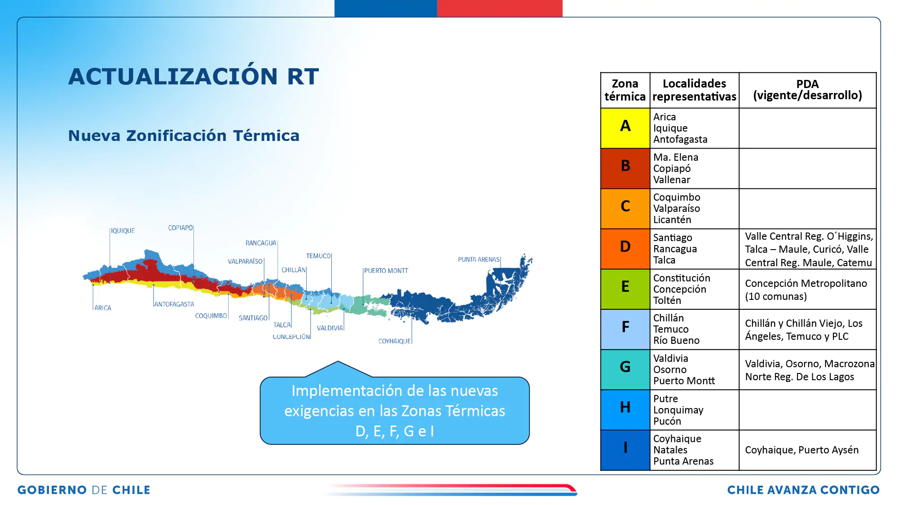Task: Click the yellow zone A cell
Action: tap(625, 128)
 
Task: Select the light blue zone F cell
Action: tap(625, 329)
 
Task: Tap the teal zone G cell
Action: tap(625, 369)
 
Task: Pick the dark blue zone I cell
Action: tap(625, 450)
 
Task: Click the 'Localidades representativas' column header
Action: tap(694, 90)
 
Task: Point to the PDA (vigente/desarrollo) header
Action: tap(807, 90)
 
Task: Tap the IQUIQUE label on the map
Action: tap(123, 231)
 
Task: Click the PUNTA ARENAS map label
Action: tap(479, 259)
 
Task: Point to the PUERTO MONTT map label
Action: tap(386, 271)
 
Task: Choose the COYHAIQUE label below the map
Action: tap(394, 341)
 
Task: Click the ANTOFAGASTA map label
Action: tap(174, 304)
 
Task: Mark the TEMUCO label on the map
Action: tap(318, 256)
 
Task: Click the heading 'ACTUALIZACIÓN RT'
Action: tap(194, 76)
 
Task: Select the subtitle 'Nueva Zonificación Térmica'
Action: tap(184, 136)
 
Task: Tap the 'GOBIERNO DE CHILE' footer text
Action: tap(84, 490)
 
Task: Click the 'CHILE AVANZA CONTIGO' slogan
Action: tap(803, 490)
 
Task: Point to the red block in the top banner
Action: tap(500, 9)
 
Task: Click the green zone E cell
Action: tap(625, 290)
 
